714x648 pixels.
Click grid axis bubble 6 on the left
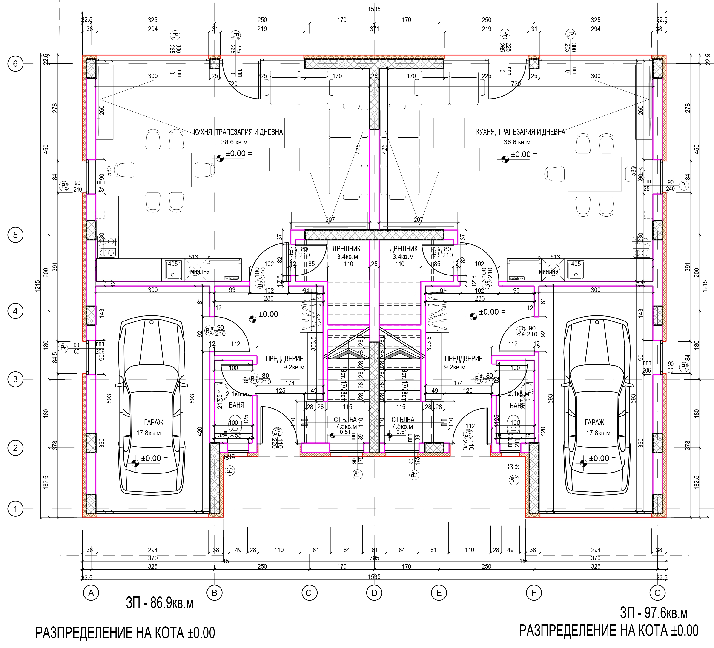tap(15, 64)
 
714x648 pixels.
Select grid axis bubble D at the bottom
tap(374, 593)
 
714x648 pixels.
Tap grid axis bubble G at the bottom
tap(658, 593)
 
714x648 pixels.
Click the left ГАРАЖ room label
tap(154, 422)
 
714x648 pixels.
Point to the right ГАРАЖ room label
tap(594, 422)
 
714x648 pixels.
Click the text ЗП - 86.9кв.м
tap(160, 603)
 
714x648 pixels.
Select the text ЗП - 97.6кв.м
tap(654, 613)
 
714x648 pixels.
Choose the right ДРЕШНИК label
tap(404, 249)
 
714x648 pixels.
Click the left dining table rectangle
tap(164, 170)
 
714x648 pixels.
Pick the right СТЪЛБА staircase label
tap(403, 420)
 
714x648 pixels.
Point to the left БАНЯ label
tap(237, 405)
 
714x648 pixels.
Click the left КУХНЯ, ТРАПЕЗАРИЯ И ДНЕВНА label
tap(238, 132)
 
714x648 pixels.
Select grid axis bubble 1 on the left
tap(15, 509)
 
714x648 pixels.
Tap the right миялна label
tap(548, 272)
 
